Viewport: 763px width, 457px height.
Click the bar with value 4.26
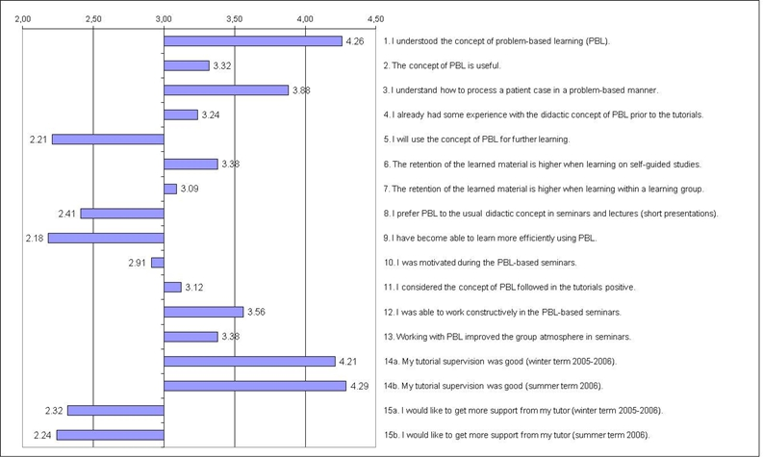tap(253, 40)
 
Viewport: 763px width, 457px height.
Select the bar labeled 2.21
tap(108, 140)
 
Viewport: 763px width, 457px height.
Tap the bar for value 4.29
tap(255, 386)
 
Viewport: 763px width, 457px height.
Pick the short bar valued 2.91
tap(158, 263)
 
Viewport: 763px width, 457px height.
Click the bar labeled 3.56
tap(204, 312)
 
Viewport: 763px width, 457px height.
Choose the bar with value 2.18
tap(106, 238)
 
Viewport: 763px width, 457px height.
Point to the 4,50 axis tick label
tap(375, 18)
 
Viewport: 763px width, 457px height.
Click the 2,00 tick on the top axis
tap(24, 18)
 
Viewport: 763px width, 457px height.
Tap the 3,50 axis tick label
tap(235, 18)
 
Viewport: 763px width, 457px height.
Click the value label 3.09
tap(190, 189)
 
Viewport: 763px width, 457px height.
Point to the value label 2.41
tap(67, 214)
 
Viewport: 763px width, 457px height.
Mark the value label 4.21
tap(348, 362)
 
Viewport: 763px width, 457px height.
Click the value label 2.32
tap(54, 411)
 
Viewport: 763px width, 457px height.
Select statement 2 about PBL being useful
tap(442, 65)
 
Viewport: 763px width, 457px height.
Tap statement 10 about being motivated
tap(489, 263)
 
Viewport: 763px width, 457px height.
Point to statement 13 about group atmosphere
tap(506, 337)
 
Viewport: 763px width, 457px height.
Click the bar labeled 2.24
tap(110, 435)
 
